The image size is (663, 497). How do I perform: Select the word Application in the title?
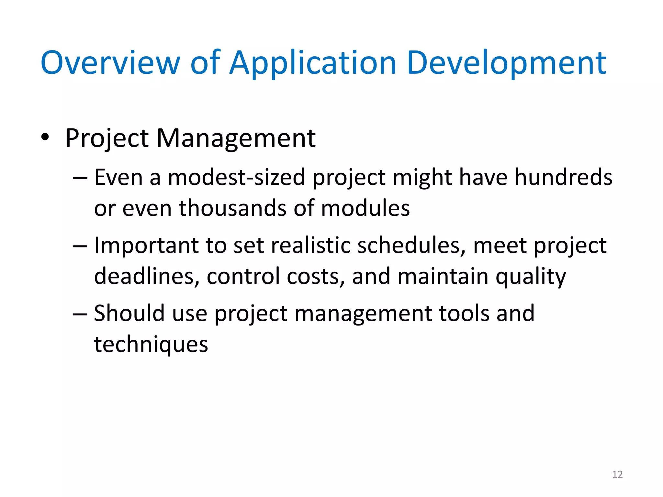[x=313, y=63]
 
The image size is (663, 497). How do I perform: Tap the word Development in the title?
[x=507, y=63]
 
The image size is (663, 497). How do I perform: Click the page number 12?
[x=617, y=474]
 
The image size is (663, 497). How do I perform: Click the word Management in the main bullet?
[x=236, y=138]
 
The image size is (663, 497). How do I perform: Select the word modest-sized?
[x=236, y=178]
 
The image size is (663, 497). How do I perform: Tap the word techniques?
[x=151, y=345]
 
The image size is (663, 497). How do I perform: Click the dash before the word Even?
[x=80, y=178]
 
